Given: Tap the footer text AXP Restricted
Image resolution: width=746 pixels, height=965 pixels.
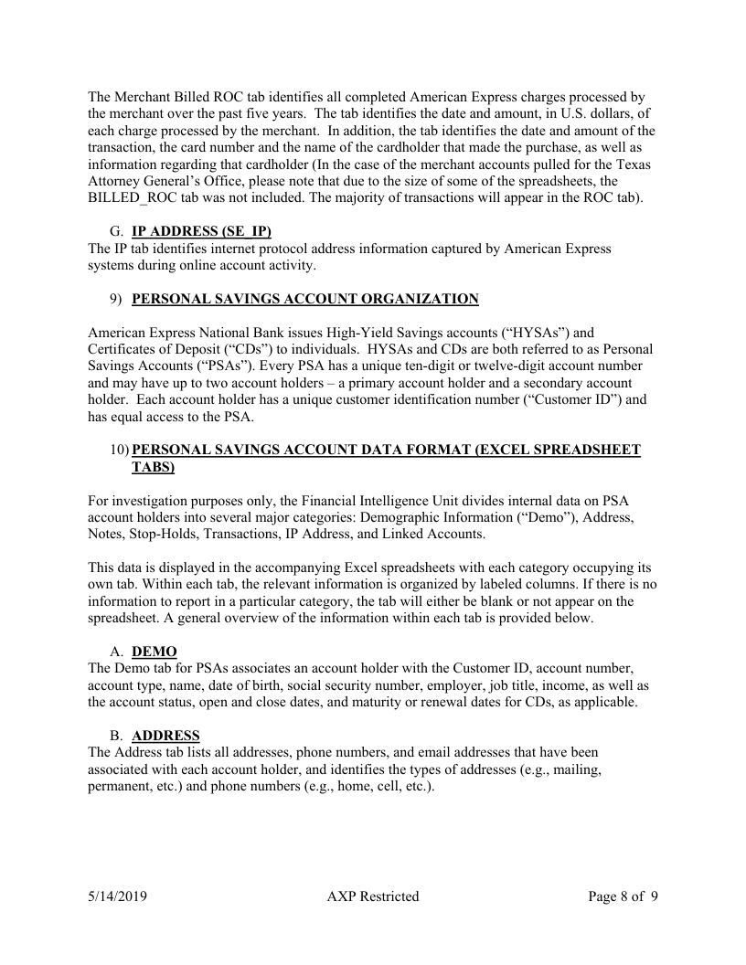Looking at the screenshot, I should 372,896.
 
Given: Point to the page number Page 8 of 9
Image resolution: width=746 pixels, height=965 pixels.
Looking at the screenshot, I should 623,896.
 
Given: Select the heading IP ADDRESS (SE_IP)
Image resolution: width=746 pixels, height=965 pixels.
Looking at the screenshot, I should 201,231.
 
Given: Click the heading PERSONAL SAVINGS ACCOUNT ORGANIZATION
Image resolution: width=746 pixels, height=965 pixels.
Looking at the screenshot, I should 305,299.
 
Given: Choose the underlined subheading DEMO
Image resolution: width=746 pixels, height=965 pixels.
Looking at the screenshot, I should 155,652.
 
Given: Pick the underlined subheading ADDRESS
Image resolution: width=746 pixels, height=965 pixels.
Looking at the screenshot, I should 165,736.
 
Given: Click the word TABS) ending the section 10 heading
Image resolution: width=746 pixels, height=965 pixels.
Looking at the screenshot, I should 153,466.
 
